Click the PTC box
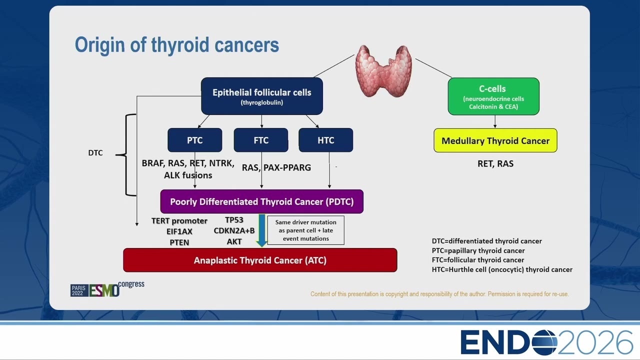[195, 140]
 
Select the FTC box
[261, 140]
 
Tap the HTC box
[325, 140]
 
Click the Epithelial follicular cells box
[262, 96]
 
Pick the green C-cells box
[493, 96]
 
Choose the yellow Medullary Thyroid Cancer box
[495, 140]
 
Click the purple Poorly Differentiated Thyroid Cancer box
[261, 201]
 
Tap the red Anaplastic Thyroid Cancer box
[260, 260]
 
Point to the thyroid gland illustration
[383, 71]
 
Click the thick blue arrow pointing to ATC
[261, 230]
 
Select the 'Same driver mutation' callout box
[305, 230]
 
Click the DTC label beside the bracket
[95, 153]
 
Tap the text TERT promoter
[179, 221]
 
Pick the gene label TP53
[234, 220]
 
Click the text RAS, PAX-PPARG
[276, 167]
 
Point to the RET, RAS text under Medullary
[495, 163]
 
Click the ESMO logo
[107, 289]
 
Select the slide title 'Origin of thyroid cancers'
[177, 45]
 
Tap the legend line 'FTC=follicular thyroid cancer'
[478, 260]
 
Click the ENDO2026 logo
[546, 342]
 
